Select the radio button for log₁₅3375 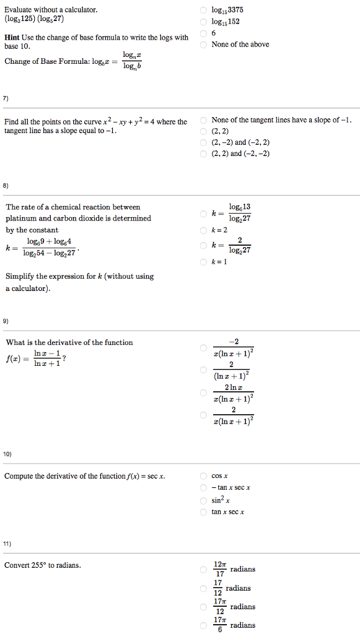203,11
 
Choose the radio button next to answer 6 203,33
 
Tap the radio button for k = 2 203,230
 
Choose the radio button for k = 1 203,262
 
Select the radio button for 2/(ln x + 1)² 203,370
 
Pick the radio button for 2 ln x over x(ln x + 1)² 203,393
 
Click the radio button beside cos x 203,476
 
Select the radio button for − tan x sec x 203,488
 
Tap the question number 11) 7,544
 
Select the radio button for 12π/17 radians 203,569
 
